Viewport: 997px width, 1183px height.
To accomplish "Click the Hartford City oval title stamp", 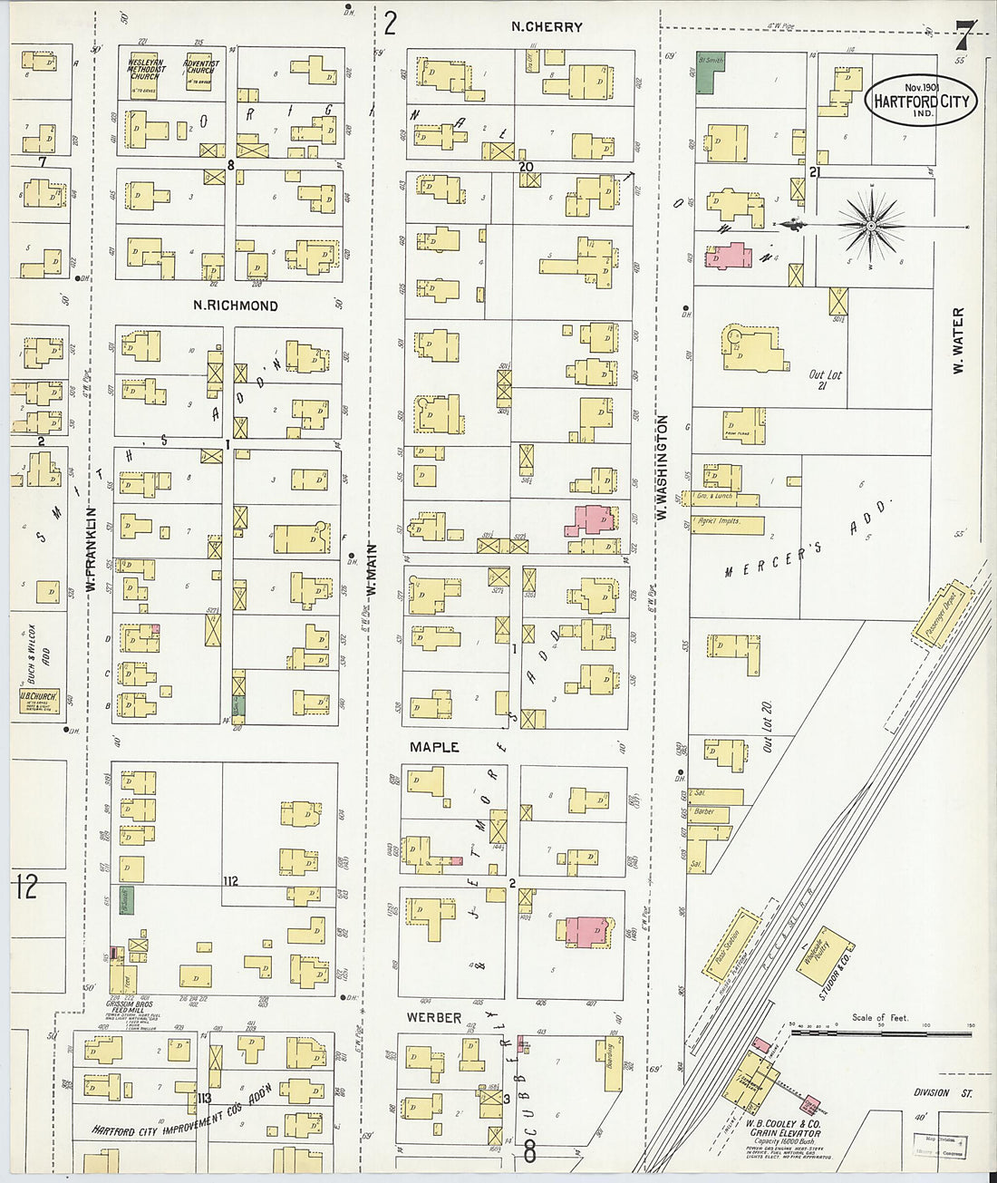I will pos(921,99).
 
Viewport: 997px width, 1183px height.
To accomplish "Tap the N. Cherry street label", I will pos(547,27).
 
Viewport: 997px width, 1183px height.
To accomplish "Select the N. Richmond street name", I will pos(235,305).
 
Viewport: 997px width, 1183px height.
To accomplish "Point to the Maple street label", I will pos(434,747).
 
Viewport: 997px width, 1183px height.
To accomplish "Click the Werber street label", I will pos(434,1018).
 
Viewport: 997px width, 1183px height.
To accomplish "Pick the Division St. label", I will pos(943,1093).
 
